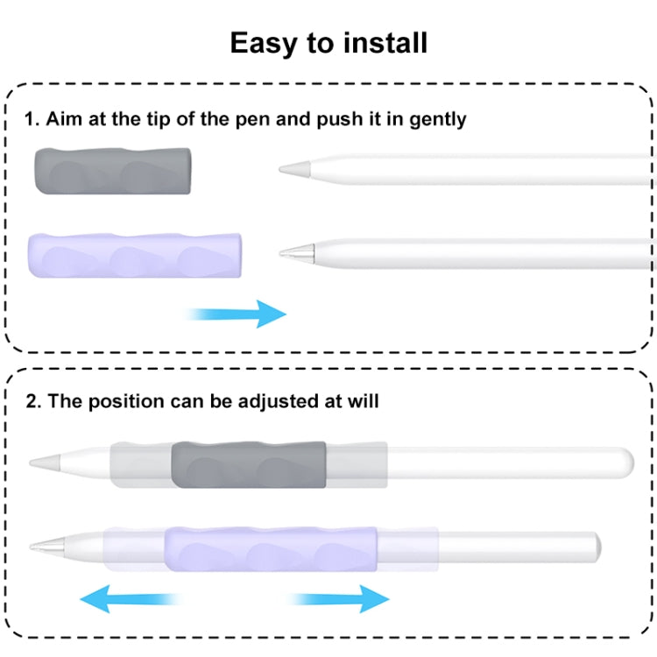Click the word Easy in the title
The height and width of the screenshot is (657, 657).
tap(265, 42)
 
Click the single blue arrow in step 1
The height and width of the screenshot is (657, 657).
tap(238, 314)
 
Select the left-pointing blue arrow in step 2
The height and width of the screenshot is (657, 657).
tap(127, 599)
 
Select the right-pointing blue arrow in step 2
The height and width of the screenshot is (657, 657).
tap(341, 599)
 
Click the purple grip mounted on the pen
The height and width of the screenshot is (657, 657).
tap(269, 549)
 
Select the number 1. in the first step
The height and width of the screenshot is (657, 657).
tap(32, 119)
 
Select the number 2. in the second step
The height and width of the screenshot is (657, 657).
tap(33, 402)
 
